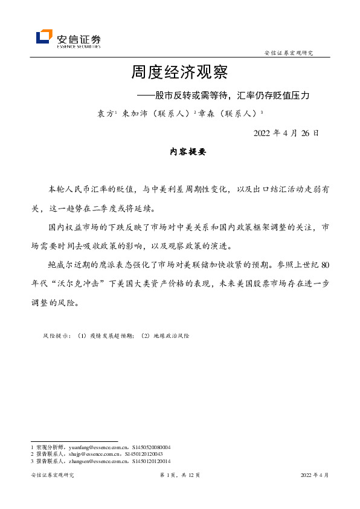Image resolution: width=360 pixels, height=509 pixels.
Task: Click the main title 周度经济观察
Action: [179, 73]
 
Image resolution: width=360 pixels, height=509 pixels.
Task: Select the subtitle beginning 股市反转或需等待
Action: [232, 95]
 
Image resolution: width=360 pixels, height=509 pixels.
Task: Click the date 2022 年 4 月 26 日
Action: [286, 133]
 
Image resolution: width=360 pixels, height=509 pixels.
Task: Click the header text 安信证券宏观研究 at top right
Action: [289, 53]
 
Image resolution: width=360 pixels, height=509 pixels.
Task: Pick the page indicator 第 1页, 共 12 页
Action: [179, 476]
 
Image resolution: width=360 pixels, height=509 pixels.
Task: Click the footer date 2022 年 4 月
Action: [315, 476]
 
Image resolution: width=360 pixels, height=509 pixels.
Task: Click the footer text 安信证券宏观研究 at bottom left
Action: [52, 476]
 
